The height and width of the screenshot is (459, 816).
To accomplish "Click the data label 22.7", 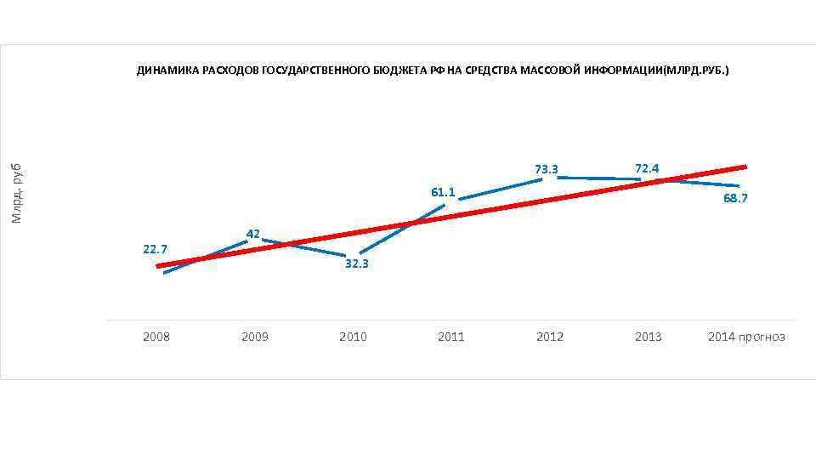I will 156,249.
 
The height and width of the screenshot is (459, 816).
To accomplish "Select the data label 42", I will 252,234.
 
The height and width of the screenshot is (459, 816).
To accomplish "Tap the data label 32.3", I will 356,264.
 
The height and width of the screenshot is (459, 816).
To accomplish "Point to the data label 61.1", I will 443,192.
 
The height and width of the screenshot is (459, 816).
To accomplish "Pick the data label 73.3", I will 546,169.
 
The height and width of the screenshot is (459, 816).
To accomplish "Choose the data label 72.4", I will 646,168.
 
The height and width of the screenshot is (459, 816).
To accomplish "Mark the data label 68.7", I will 735,198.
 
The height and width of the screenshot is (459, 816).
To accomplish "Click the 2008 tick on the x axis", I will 156,337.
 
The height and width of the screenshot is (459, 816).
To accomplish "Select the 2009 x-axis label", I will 254,337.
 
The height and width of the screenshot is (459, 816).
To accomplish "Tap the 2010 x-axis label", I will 353,337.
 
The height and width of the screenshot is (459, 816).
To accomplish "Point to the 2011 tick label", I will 451,337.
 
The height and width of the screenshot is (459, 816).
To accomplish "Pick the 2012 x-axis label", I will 550,337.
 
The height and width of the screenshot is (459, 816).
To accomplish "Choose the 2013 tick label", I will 648,337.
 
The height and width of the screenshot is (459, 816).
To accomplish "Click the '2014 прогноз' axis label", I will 746,337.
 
